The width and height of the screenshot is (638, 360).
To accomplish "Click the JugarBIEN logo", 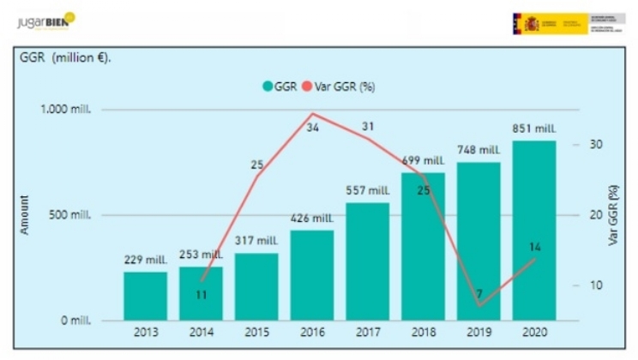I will tap(46, 20).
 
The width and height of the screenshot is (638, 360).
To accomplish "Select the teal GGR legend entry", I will tap(280, 86).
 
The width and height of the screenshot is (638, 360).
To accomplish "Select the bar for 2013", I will tap(145, 296).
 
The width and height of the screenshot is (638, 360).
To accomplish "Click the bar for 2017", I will tap(367, 261).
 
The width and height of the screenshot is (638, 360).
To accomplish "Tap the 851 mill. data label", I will tap(533, 129).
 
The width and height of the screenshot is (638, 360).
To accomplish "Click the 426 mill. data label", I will tap(311, 219).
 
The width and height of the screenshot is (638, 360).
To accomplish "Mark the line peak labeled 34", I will tap(313, 115).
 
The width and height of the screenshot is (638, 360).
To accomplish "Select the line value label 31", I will tap(368, 127).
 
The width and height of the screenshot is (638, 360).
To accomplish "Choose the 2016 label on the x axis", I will tap(311, 332).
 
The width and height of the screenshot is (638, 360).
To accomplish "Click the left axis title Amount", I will tap(25, 214).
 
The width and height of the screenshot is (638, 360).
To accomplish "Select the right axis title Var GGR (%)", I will tap(614, 214).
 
